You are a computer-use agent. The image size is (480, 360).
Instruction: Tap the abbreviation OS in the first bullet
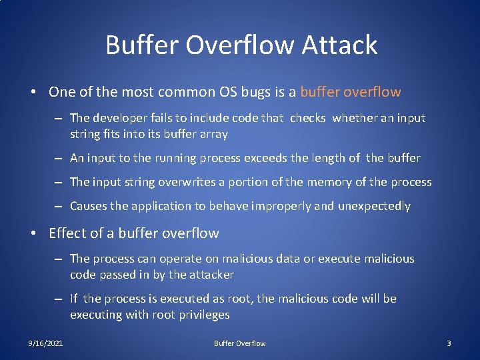click(x=229, y=92)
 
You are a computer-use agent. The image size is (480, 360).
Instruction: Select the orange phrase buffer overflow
click(x=351, y=92)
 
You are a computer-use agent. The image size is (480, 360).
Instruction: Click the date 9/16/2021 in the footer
click(x=45, y=343)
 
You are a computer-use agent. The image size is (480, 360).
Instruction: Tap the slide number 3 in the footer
click(x=449, y=343)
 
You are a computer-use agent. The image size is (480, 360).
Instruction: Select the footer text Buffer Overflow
click(x=239, y=343)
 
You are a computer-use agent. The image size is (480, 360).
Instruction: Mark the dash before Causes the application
click(x=59, y=206)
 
